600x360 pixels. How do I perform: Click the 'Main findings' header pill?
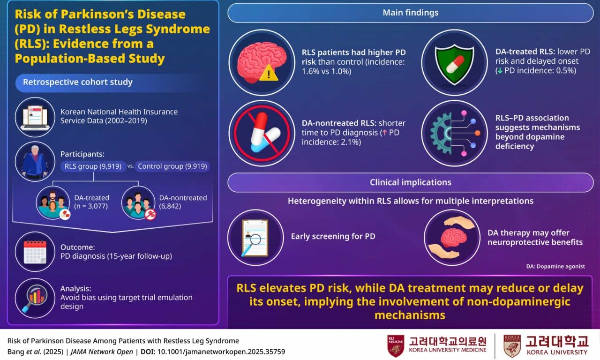[410, 13]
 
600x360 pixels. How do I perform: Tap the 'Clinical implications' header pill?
[410, 182]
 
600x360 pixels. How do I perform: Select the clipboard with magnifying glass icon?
[255, 237]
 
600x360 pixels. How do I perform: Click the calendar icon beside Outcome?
[35, 252]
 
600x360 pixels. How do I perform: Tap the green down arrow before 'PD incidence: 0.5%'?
[500, 71]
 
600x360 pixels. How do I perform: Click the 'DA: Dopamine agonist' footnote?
[555, 266]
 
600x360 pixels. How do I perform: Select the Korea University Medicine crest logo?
[395, 346]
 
